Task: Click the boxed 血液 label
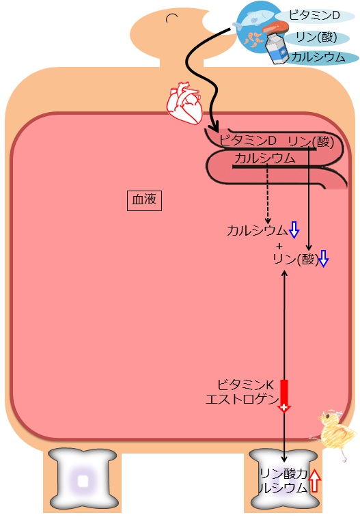pyautogui.click(x=144, y=200)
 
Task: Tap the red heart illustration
pyautogui.click(x=184, y=102)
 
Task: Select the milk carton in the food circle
pyautogui.click(x=277, y=48)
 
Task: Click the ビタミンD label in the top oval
pyautogui.click(x=314, y=16)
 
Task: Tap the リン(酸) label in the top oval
pyautogui.click(x=316, y=37)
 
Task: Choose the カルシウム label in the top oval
pyautogui.click(x=318, y=57)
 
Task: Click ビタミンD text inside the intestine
pyautogui.click(x=248, y=141)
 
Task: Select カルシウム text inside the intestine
pyautogui.click(x=264, y=158)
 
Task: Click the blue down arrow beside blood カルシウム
pyautogui.click(x=294, y=230)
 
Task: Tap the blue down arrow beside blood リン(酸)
pyautogui.click(x=323, y=259)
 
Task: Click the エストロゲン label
pyautogui.click(x=242, y=400)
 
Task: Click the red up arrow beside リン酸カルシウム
pyautogui.click(x=314, y=481)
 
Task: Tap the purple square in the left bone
pyautogui.click(x=83, y=481)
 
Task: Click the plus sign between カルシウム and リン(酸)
pyautogui.click(x=279, y=246)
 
